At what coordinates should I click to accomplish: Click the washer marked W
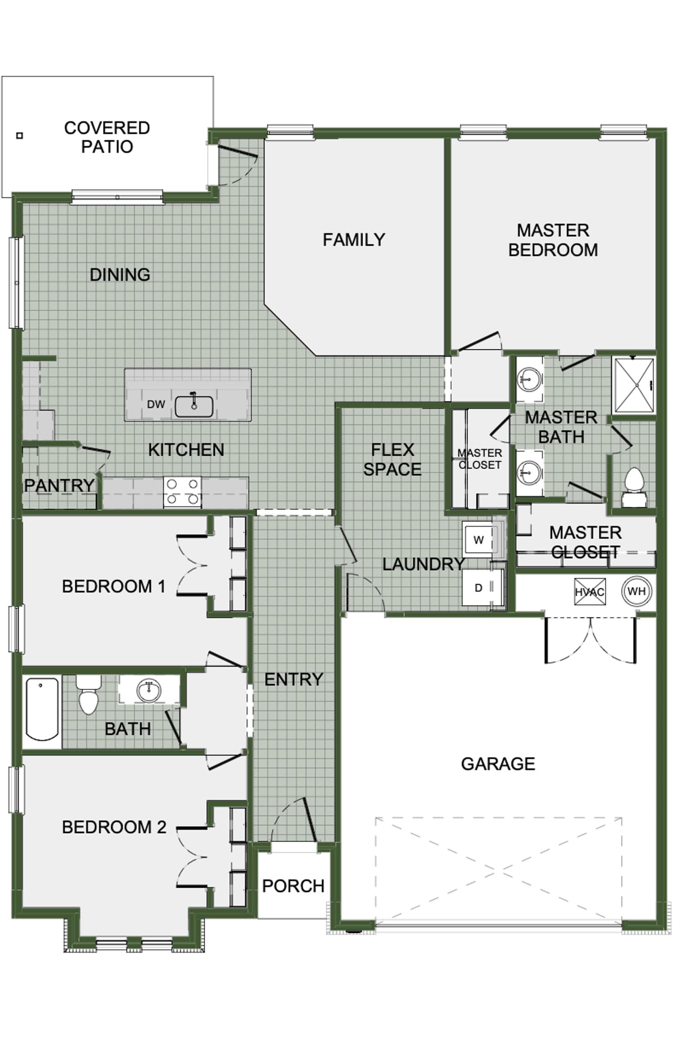click(478, 539)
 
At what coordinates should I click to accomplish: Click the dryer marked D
click(478, 588)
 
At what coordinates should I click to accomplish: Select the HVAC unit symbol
click(590, 592)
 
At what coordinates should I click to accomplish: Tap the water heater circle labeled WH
click(636, 591)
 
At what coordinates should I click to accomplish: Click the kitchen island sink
click(194, 405)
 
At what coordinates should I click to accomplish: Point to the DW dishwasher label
click(156, 404)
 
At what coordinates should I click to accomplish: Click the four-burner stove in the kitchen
click(182, 492)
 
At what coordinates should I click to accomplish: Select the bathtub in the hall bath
click(42, 709)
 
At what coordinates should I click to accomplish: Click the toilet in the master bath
click(634, 488)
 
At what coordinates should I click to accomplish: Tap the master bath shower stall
click(634, 385)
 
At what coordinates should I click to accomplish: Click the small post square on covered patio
click(19, 136)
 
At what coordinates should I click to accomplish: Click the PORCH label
click(293, 886)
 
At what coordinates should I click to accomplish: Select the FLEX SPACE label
click(392, 459)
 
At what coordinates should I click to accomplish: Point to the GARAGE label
click(498, 764)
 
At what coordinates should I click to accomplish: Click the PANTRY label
click(59, 485)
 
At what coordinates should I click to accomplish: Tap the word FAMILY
click(354, 240)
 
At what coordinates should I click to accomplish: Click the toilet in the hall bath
click(89, 695)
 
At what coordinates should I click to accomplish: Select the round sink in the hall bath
click(149, 690)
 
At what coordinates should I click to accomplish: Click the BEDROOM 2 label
click(114, 827)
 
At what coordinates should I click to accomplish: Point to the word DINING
click(120, 274)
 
